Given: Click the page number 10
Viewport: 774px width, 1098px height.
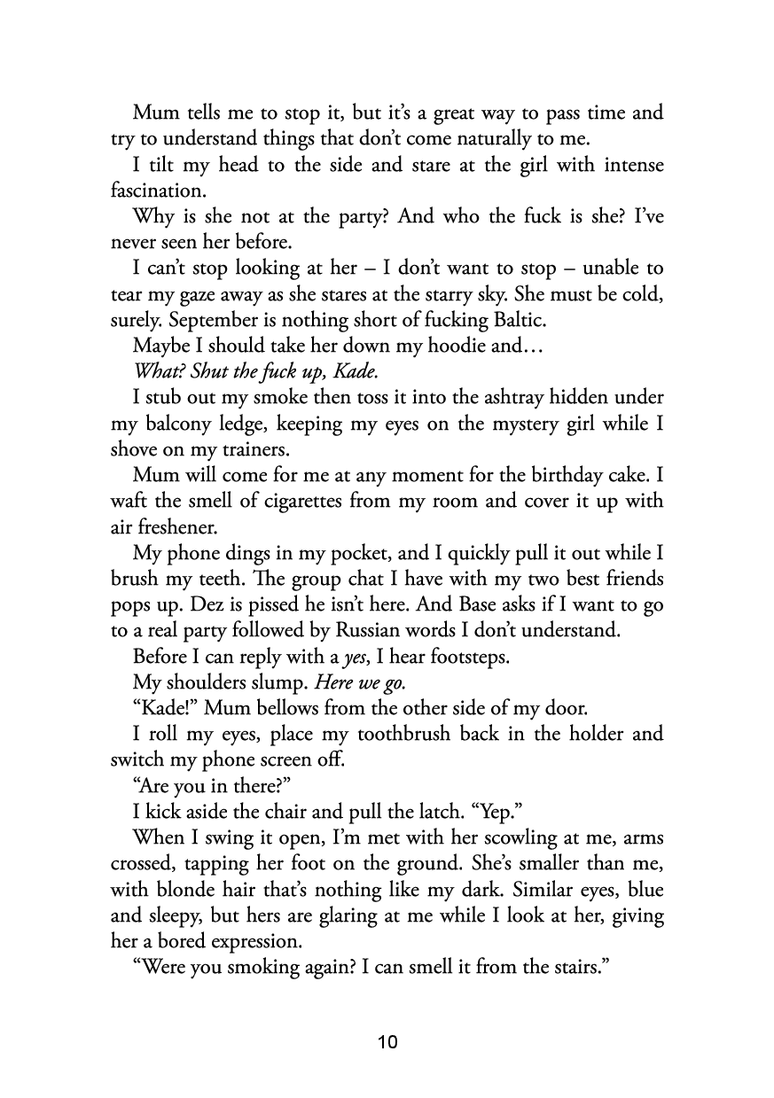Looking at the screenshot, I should pos(387,1041).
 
